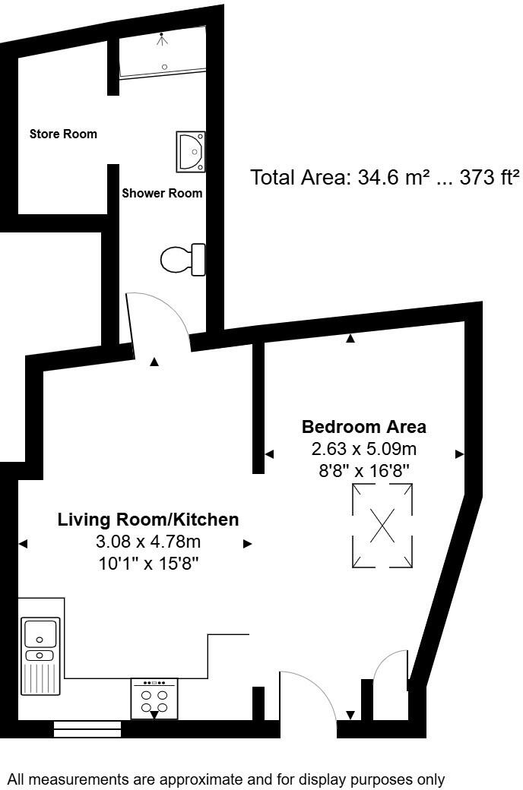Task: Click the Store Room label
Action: coord(63,134)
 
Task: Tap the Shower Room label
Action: coord(162,193)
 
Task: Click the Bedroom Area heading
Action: coord(364,426)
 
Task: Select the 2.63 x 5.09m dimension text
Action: coord(364,448)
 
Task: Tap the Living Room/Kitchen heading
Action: coord(148,520)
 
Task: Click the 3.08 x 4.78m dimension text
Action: coord(148,542)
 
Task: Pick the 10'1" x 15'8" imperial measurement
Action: coord(148,564)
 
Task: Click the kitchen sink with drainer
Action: coord(40,655)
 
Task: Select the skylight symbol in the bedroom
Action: coord(382,525)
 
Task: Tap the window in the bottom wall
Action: coord(87,730)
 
